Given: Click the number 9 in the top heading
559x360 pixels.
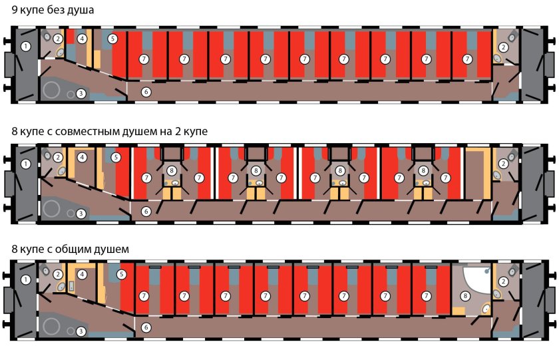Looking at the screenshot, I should coord(15,11).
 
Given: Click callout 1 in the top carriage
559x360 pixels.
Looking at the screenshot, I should coord(25,46).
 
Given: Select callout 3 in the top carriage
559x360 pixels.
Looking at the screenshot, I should coord(80,94).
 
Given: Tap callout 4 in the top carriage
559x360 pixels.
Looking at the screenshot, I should coord(82,39).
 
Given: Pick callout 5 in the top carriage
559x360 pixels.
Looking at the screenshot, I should coord(113,39).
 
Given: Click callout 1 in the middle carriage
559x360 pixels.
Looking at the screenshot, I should coord(25,164).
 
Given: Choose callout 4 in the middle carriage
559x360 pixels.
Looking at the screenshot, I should coord(82,158).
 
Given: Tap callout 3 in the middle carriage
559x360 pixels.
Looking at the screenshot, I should coord(80,214).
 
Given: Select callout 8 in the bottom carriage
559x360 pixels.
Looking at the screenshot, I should coord(466,295).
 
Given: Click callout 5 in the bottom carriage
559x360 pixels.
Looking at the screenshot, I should coord(122,274).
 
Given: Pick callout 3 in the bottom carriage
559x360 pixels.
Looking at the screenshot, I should coord(80,331).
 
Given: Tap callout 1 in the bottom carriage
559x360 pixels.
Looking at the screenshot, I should coord(25,280).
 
